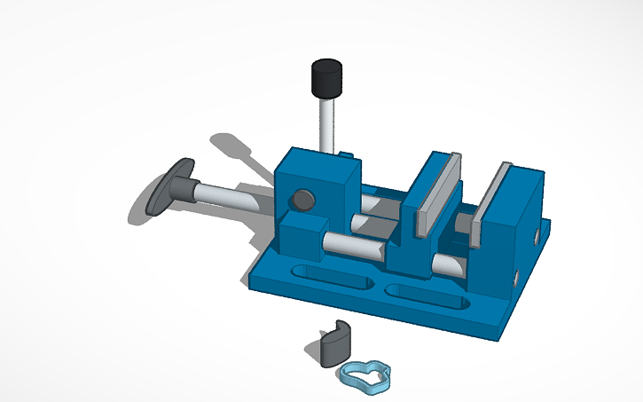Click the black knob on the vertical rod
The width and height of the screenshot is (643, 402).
[x=326, y=78]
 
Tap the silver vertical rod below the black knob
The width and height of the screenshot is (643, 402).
[x=326, y=124]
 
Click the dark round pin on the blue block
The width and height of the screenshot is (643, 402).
[x=302, y=200]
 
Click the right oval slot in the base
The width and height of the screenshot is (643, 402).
[x=426, y=296]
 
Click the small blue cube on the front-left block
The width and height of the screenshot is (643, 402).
[x=301, y=233]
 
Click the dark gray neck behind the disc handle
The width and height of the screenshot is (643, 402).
[x=185, y=188]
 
